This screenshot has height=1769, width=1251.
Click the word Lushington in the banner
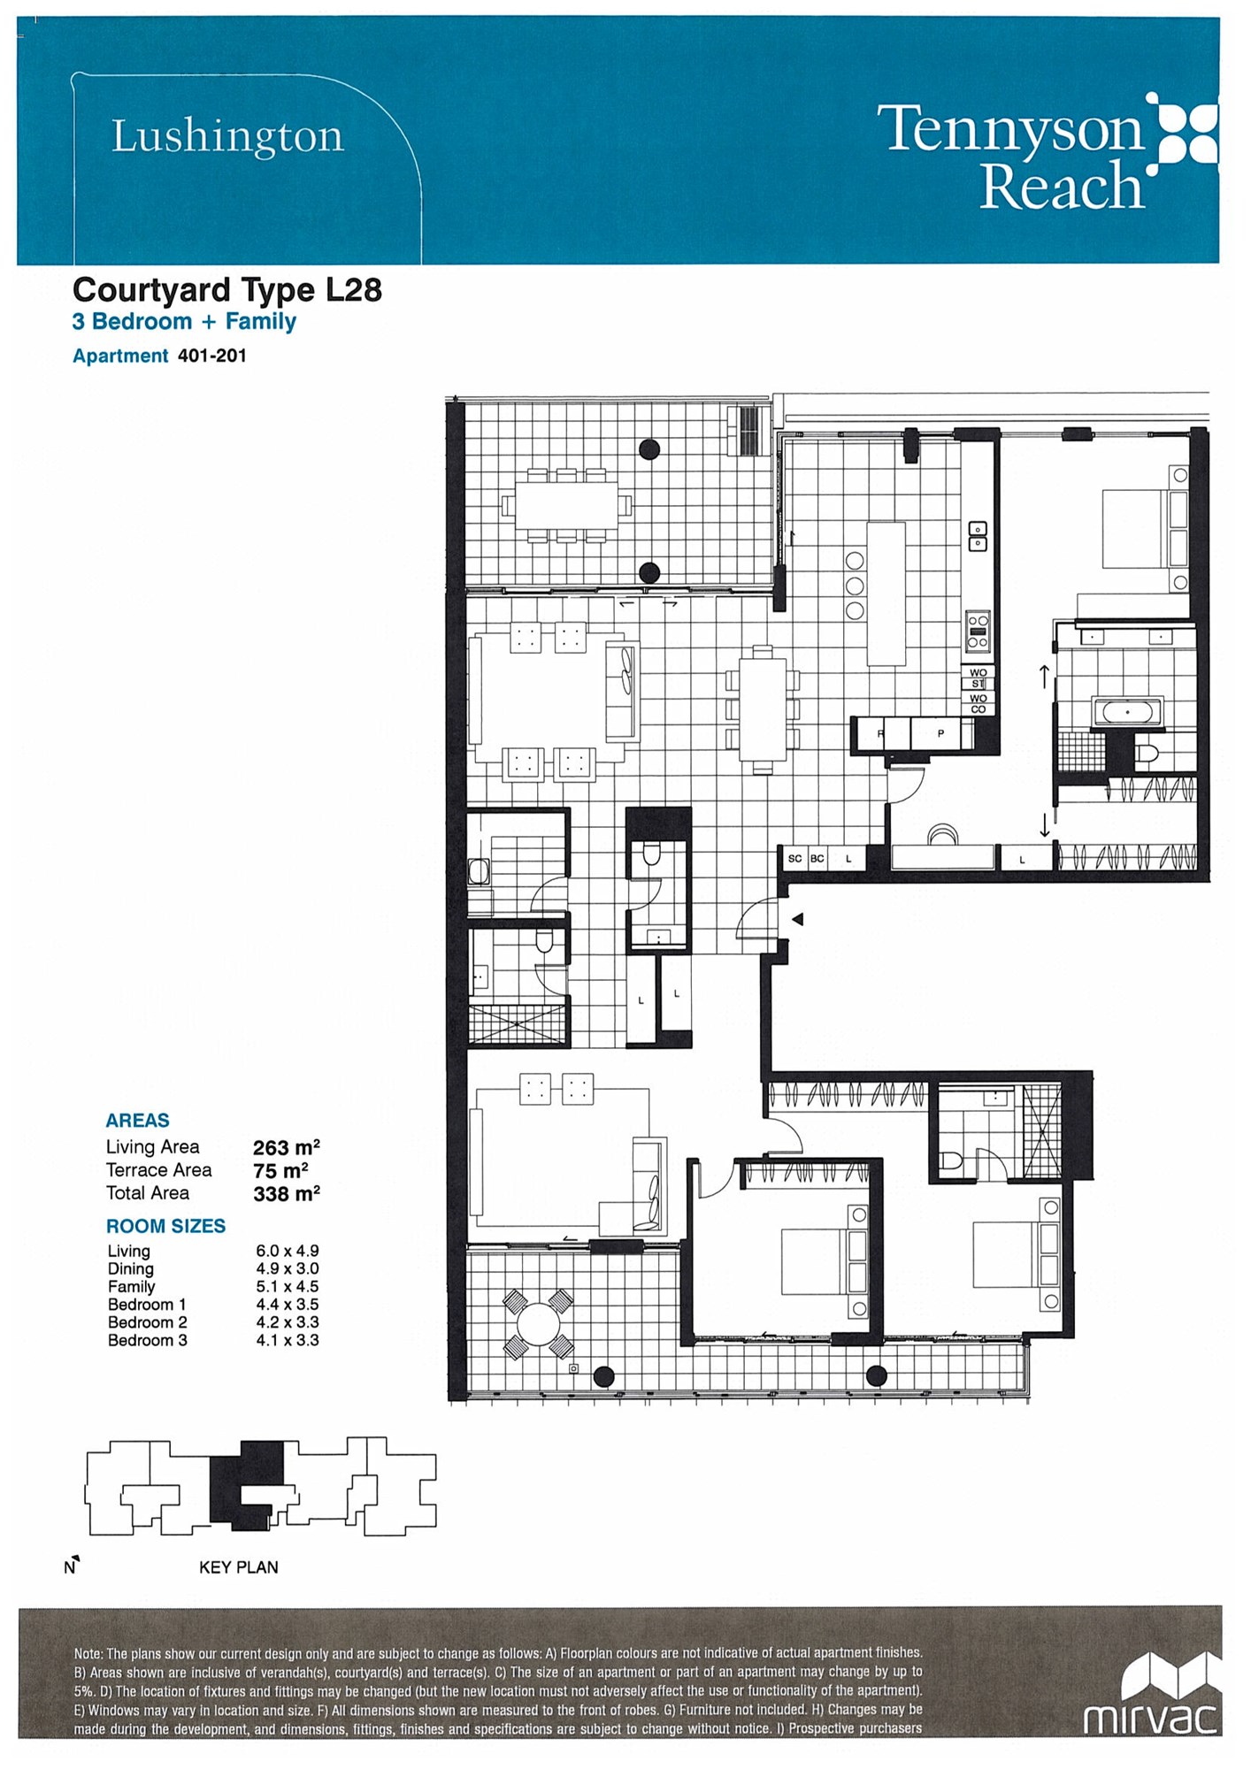227,137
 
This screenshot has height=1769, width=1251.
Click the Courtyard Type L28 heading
227,290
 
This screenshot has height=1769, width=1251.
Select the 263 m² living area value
286,1147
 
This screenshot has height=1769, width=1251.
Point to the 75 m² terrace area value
280,1170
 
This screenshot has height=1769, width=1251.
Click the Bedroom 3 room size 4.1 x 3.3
288,1340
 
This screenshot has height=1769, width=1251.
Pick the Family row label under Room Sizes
131,1287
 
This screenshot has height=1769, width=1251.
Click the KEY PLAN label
239,1567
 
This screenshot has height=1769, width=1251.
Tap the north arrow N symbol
71,1566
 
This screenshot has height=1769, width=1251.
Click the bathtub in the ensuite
1127,711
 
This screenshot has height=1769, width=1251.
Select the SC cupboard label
794,858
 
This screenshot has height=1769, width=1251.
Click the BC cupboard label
817,858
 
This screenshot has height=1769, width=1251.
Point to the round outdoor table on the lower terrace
538,1324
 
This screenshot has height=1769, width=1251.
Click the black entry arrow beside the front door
797,920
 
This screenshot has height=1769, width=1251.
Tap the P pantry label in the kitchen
940,733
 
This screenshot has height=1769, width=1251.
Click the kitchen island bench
886,593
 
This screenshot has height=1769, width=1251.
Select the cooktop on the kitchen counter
978,630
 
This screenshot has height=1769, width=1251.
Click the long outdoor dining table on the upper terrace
566,506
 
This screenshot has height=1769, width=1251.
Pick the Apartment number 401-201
212,356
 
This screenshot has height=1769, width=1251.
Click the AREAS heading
137,1121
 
